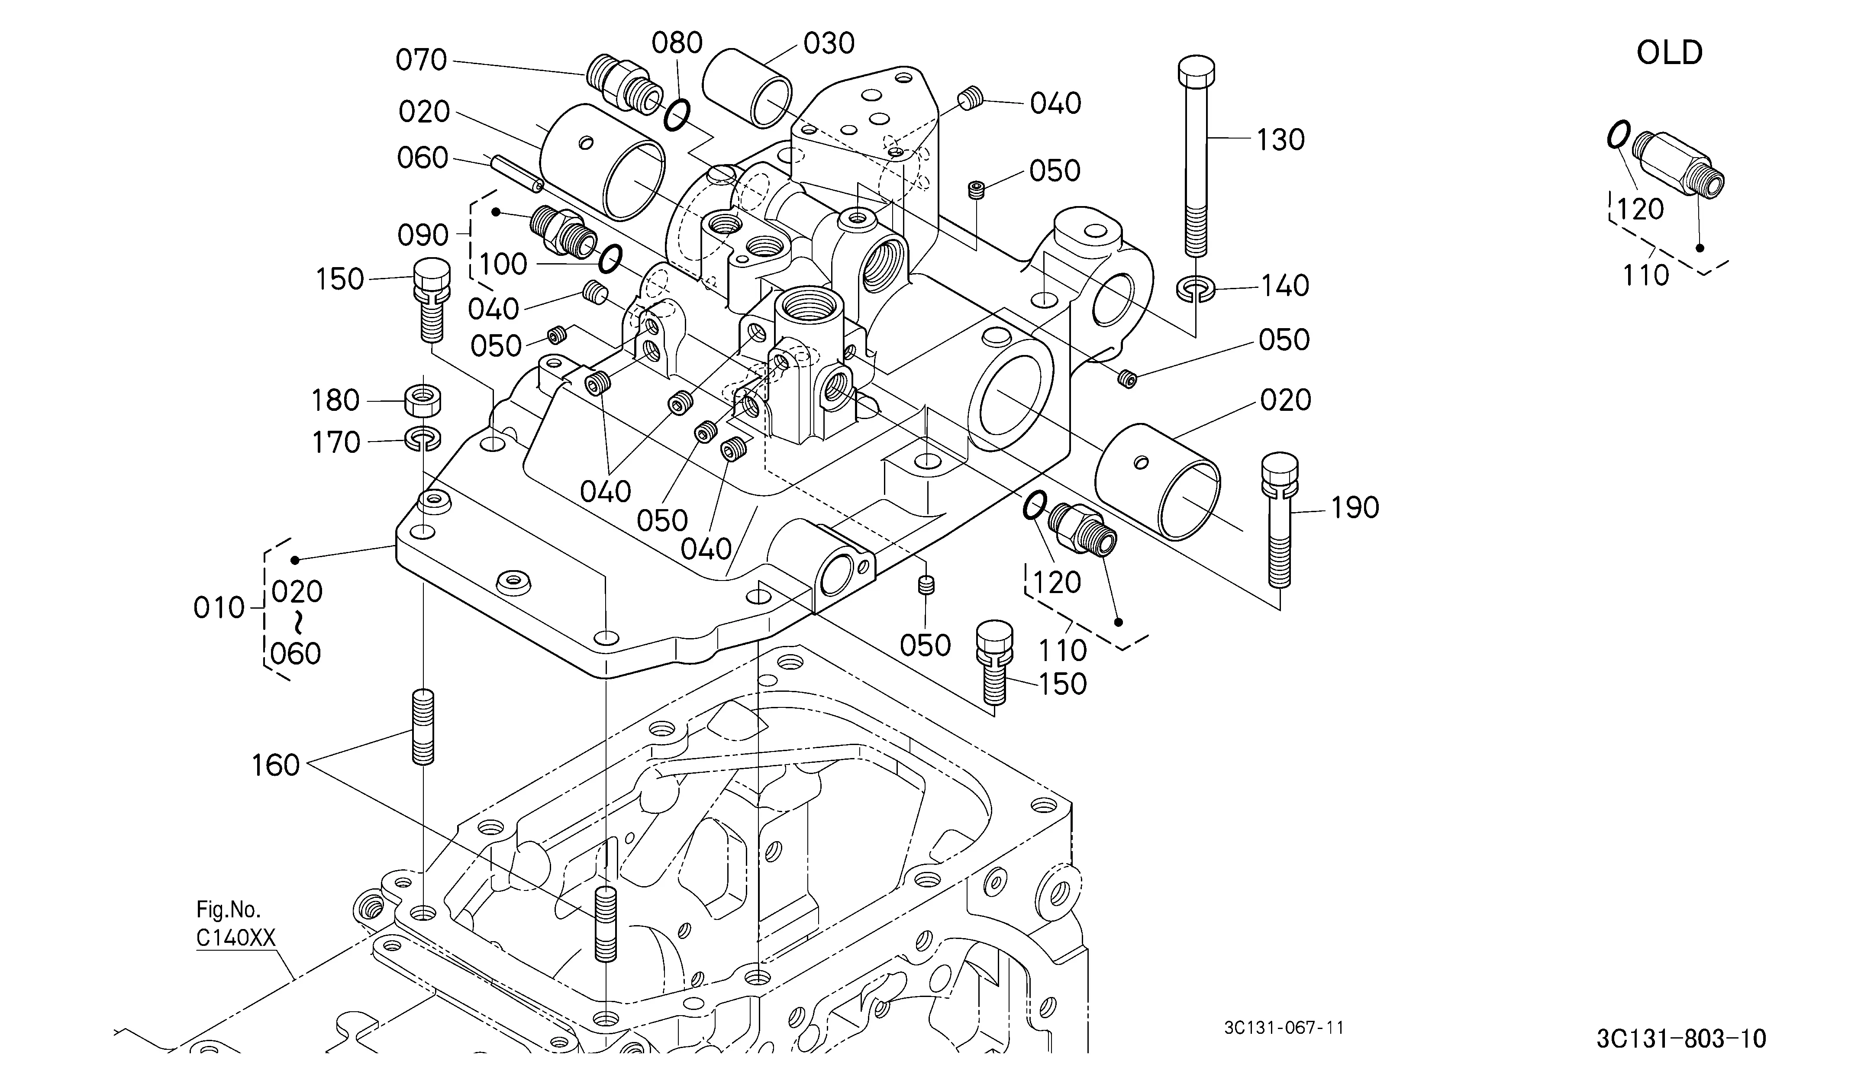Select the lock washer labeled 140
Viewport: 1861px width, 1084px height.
click(x=1195, y=289)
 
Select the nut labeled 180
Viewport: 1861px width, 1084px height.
click(x=423, y=401)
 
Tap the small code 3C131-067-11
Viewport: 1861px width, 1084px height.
click(x=1284, y=1028)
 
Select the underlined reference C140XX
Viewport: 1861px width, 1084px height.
click(x=235, y=939)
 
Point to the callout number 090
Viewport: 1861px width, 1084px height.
click(x=423, y=236)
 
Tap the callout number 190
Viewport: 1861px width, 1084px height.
click(x=1355, y=508)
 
